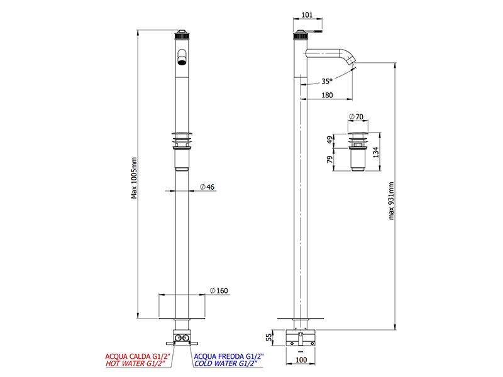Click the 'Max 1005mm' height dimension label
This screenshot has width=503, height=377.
click(x=134, y=178)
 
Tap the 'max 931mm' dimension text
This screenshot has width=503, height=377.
click(x=391, y=200)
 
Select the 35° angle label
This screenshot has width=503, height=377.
click(x=327, y=82)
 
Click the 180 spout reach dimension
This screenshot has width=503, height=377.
click(x=327, y=96)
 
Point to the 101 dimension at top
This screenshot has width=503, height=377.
click(x=307, y=14)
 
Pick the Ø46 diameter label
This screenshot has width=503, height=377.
click(x=207, y=187)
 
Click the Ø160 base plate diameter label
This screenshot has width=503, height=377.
click(x=219, y=291)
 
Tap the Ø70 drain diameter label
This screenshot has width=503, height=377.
click(x=356, y=117)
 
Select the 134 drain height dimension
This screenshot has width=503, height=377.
click(x=376, y=152)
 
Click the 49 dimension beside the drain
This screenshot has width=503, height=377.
click(x=330, y=140)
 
